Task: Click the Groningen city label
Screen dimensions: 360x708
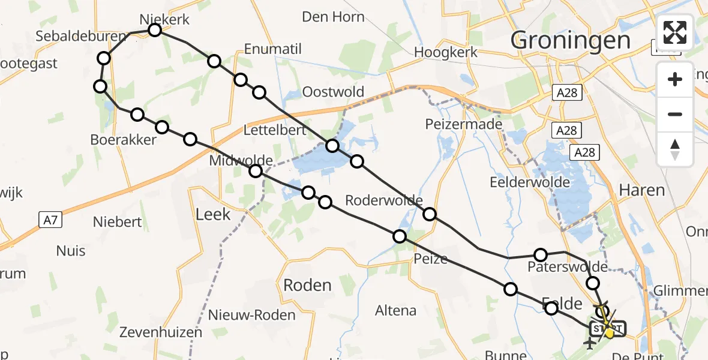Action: pyautogui.click(x=571, y=40)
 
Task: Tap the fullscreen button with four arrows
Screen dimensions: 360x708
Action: pyautogui.click(x=675, y=32)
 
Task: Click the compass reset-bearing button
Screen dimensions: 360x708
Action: pyautogui.click(x=675, y=149)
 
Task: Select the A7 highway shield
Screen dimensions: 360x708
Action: pyautogui.click(x=50, y=220)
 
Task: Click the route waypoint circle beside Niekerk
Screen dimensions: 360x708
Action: pyautogui.click(x=155, y=30)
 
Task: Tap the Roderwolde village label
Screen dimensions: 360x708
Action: pyautogui.click(x=384, y=200)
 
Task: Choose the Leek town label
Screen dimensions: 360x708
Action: pyautogui.click(x=213, y=214)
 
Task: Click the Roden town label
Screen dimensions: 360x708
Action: pyautogui.click(x=307, y=285)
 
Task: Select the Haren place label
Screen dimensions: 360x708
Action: pyautogui.click(x=641, y=190)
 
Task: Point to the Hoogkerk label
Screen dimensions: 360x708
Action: pyautogui.click(x=446, y=52)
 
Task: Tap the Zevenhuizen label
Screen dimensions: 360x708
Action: pyautogui.click(x=157, y=332)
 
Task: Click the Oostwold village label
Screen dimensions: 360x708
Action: pyautogui.click(x=333, y=92)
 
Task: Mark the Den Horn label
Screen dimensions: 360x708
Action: pyautogui.click(x=333, y=16)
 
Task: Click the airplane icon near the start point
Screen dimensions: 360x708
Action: pyautogui.click(x=589, y=343)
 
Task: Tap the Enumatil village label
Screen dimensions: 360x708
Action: pyautogui.click(x=273, y=49)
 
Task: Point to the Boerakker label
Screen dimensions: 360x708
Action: pyautogui.click(x=123, y=140)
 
